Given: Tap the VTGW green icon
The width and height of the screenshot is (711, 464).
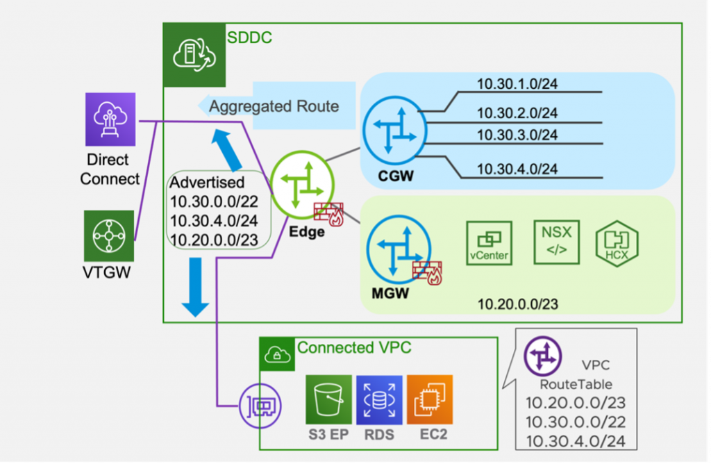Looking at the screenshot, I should pyautogui.click(x=109, y=236).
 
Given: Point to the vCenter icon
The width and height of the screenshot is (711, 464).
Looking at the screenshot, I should pyautogui.click(x=489, y=242).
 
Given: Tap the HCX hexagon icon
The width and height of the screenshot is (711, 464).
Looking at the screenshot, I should pyautogui.click(x=616, y=242).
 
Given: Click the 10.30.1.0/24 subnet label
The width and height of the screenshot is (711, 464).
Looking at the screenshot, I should pyautogui.click(x=517, y=85).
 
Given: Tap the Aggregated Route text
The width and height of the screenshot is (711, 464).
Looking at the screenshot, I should pyautogui.click(x=274, y=106).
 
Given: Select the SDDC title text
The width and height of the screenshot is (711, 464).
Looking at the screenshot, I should pyautogui.click(x=249, y=38).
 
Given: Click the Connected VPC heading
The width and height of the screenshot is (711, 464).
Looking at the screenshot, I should pyautogui.click(x=354, y=347).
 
